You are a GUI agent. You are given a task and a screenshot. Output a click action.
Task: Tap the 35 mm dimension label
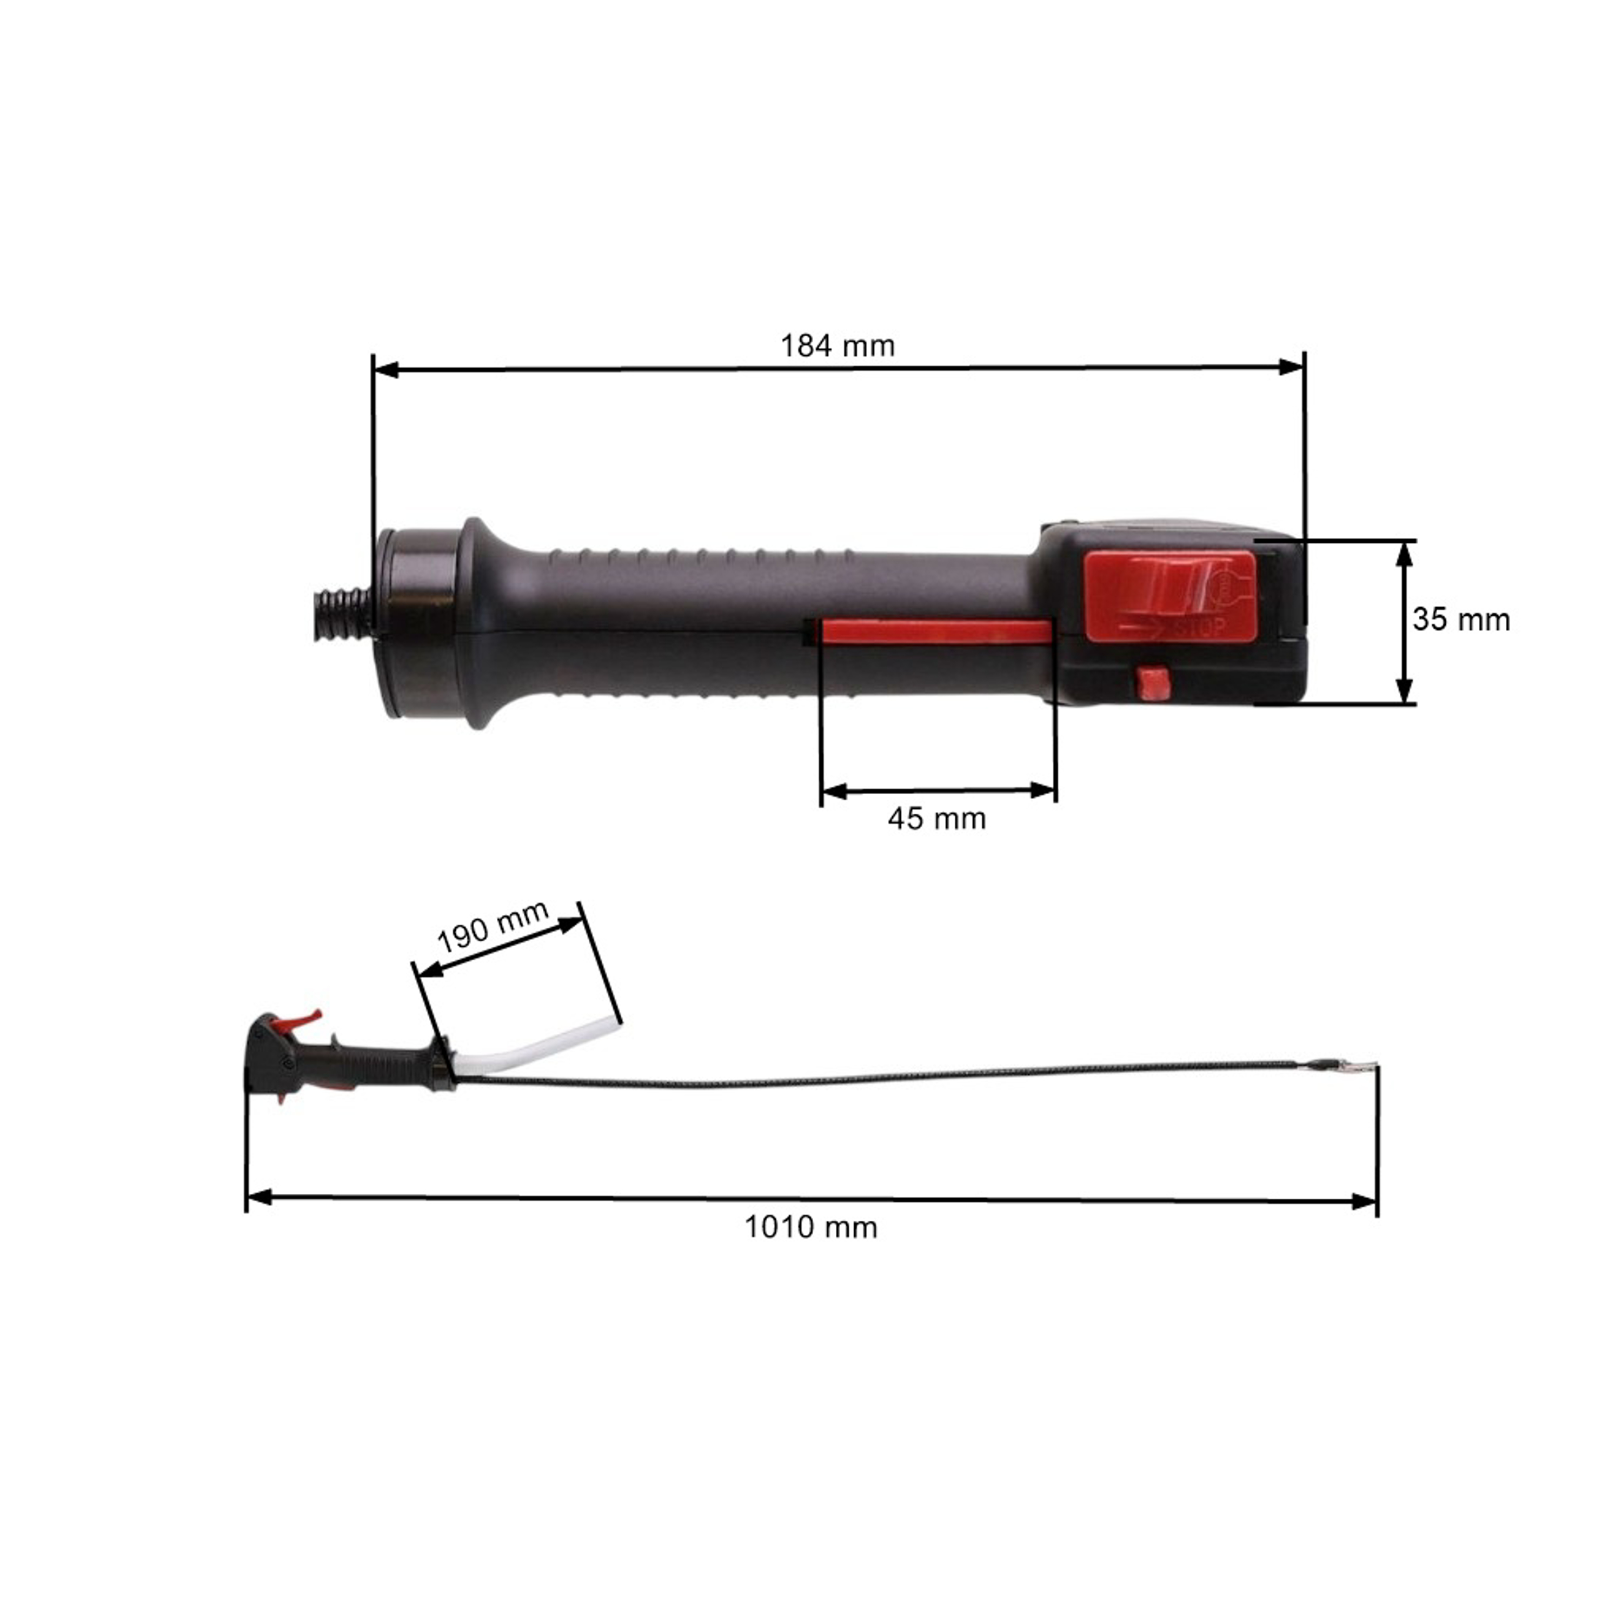[1461, 620]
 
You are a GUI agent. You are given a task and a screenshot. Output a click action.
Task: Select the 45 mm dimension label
[937, 819]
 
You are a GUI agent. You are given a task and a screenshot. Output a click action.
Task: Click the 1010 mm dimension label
[811, 1227]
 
